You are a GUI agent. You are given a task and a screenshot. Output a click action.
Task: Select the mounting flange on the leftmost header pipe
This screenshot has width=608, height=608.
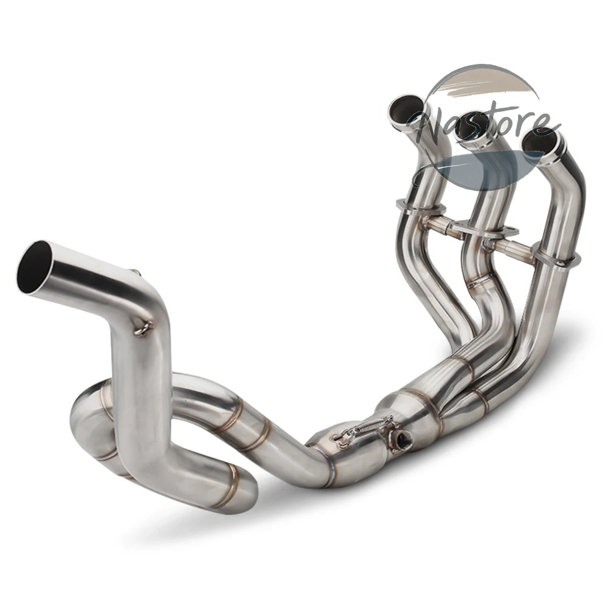[419, 206]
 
